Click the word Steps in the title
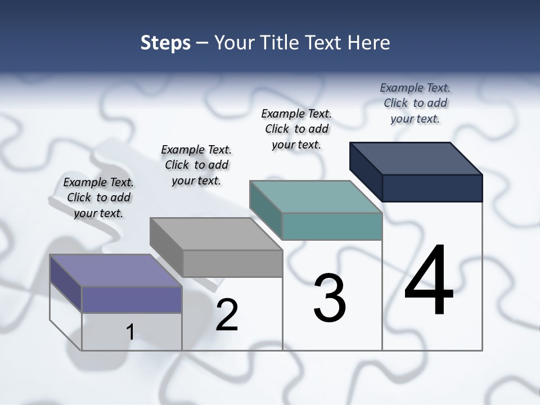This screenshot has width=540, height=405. point(165,43)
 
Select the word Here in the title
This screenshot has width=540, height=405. point(369,43)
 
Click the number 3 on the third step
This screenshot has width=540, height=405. point(330,298)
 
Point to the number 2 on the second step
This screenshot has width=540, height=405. point(227,315)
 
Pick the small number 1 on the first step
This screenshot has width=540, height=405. point(130,332)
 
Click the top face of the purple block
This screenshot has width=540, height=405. point(116,271)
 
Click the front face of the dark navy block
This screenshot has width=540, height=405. point(432,188)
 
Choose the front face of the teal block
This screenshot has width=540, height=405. point(332,226)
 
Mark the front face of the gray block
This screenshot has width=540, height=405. point(232,263)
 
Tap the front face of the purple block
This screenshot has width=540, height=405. point(132,299)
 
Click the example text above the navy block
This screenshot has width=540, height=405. point(415,103)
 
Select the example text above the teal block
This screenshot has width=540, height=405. point(296,129)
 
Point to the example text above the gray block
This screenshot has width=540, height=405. point(196,165)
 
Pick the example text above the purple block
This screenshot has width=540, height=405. point(98,197)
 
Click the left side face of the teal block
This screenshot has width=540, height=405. point(265,210)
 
